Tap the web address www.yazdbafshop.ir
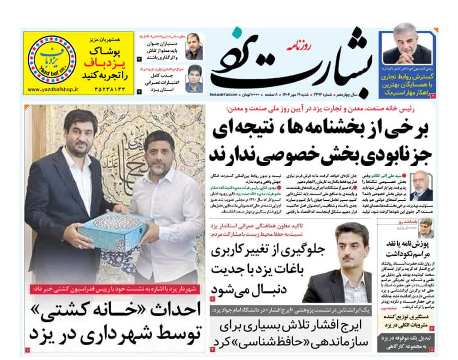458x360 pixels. click(x=52, y=89)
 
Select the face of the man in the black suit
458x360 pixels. click(x=79, y=131)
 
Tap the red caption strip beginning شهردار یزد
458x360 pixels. click(x=115, y=289)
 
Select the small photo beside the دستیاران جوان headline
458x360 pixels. click(x=194, y=46)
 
